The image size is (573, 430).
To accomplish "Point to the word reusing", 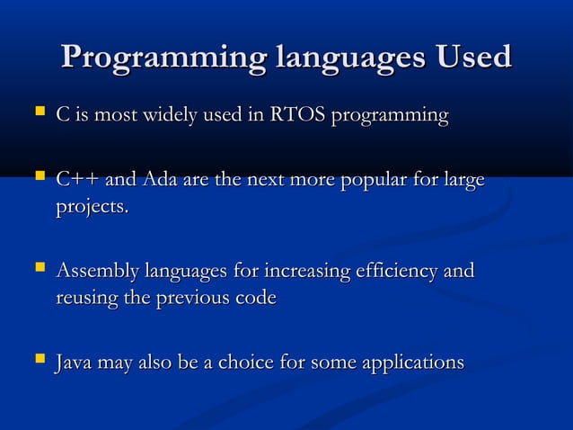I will (x=85, y=298).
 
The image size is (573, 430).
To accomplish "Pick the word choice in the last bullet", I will (x=244, y=363).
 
